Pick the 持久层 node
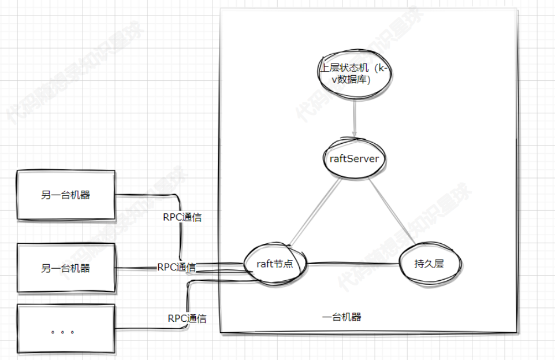[429, 264]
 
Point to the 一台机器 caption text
[341, 317]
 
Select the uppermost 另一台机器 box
[66, 195]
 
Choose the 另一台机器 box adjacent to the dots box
[66, 268]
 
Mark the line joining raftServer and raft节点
[315, 211]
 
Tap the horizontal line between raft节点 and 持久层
[352, 265]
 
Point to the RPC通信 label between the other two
[176, 267]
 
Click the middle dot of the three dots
[62, 332]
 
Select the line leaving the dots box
[150, 329]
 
